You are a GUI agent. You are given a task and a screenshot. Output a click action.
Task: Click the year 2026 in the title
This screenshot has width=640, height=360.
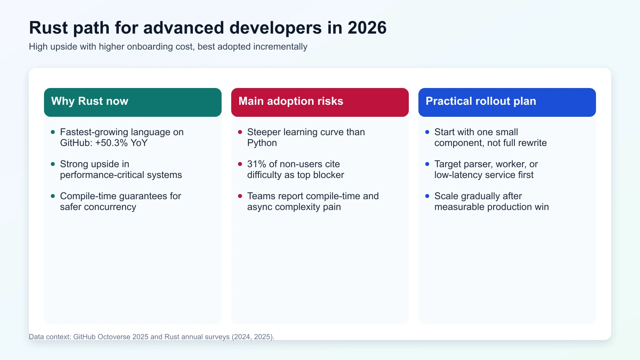tap(367, 28)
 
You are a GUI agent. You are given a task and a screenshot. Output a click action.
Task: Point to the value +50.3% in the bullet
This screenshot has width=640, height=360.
tap(111, 143)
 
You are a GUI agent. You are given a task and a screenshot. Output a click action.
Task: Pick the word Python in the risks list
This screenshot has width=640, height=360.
tap(262, 143)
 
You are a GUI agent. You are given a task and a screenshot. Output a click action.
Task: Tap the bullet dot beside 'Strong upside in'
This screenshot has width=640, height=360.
tap(53, 164)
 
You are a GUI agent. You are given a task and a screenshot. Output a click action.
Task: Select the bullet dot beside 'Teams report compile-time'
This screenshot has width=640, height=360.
tap(240, 196)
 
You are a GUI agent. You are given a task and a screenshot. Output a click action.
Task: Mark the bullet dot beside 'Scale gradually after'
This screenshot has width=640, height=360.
tap(427, 196)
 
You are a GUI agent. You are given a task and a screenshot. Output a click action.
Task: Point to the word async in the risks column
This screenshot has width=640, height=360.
tap(258, 207)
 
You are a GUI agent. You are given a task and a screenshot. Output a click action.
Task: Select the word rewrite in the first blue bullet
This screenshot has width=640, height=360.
tap(532, 143)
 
